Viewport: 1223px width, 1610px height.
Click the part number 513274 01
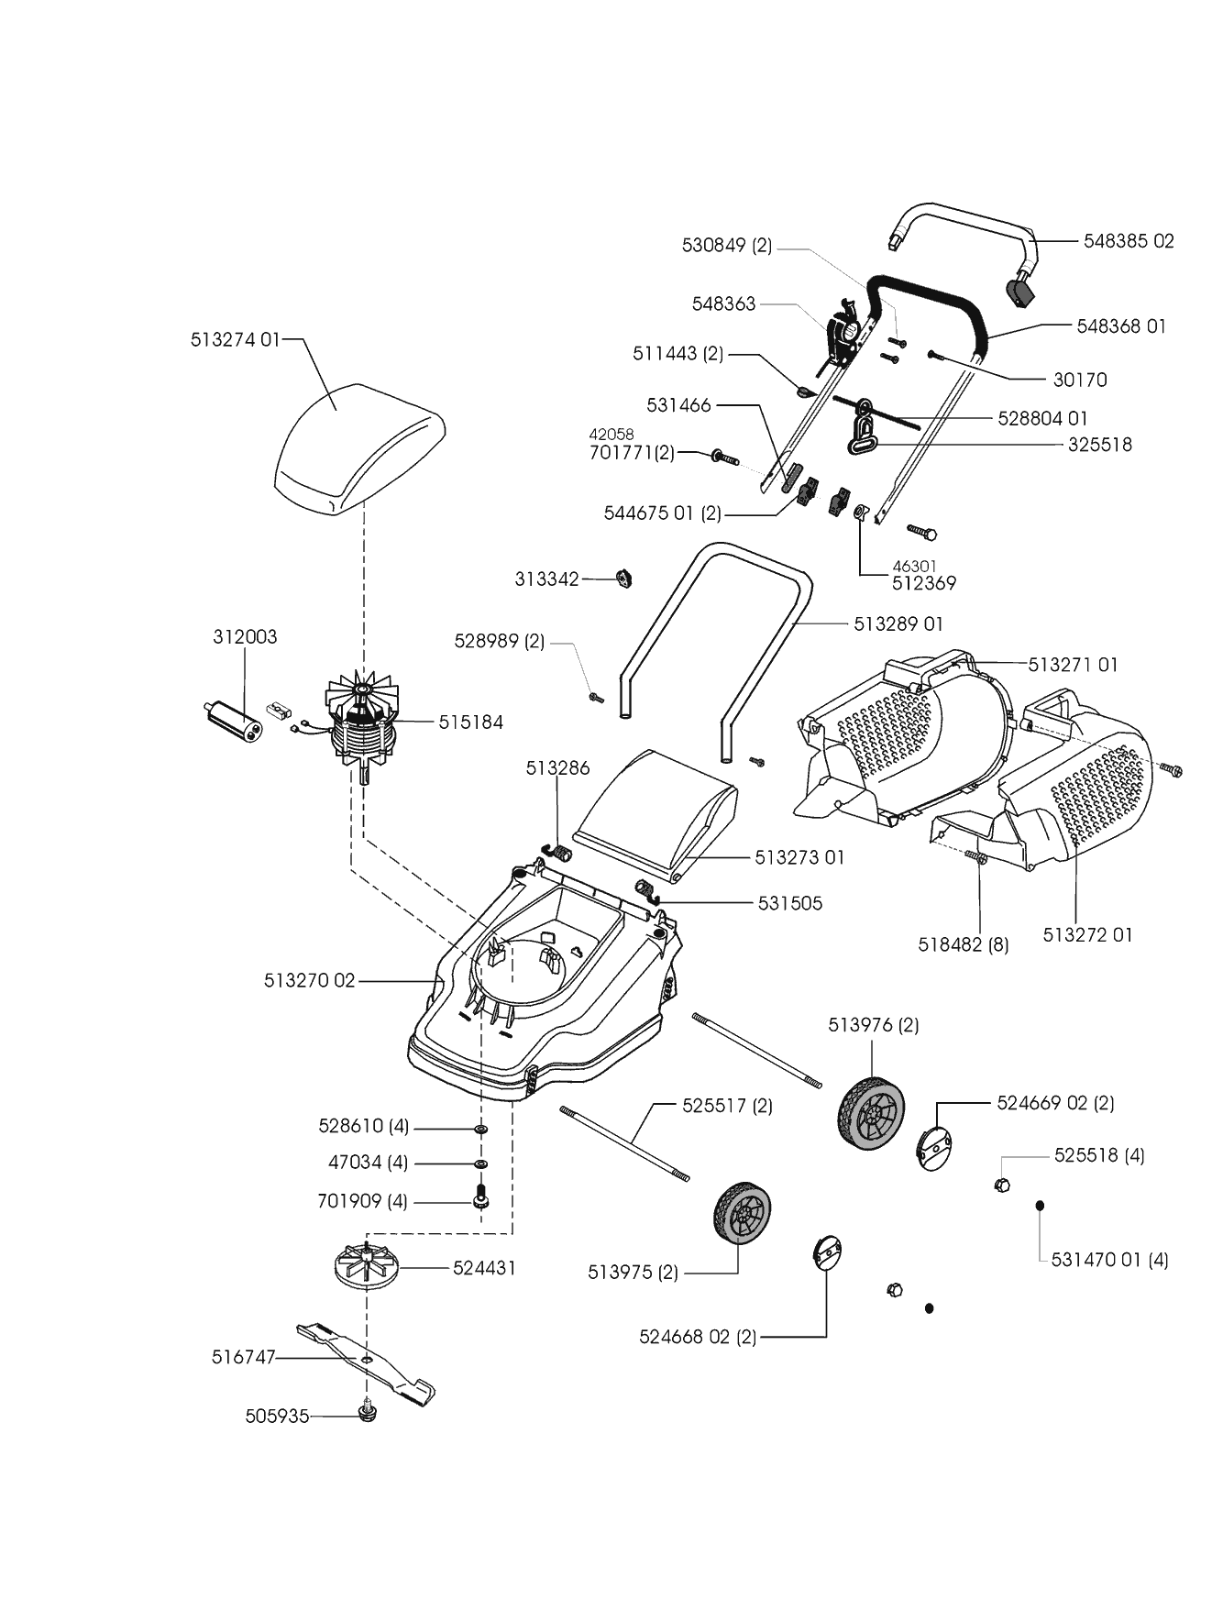coord(235,339)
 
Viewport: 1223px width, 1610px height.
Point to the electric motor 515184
coord(362,724)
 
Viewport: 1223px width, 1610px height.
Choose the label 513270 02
coord(309,980)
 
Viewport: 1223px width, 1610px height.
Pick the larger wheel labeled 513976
coord(870,1112)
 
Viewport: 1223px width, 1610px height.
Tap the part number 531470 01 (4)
coord(1109,1260)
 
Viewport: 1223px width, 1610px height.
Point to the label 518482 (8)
coord(963,944)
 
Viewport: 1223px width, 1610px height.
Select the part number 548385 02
coord(1128,241)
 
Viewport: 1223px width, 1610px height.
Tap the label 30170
coord(1080,380)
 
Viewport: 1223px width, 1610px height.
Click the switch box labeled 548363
coord(843,335)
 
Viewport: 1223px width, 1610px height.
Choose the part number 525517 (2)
coord(727,1106)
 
